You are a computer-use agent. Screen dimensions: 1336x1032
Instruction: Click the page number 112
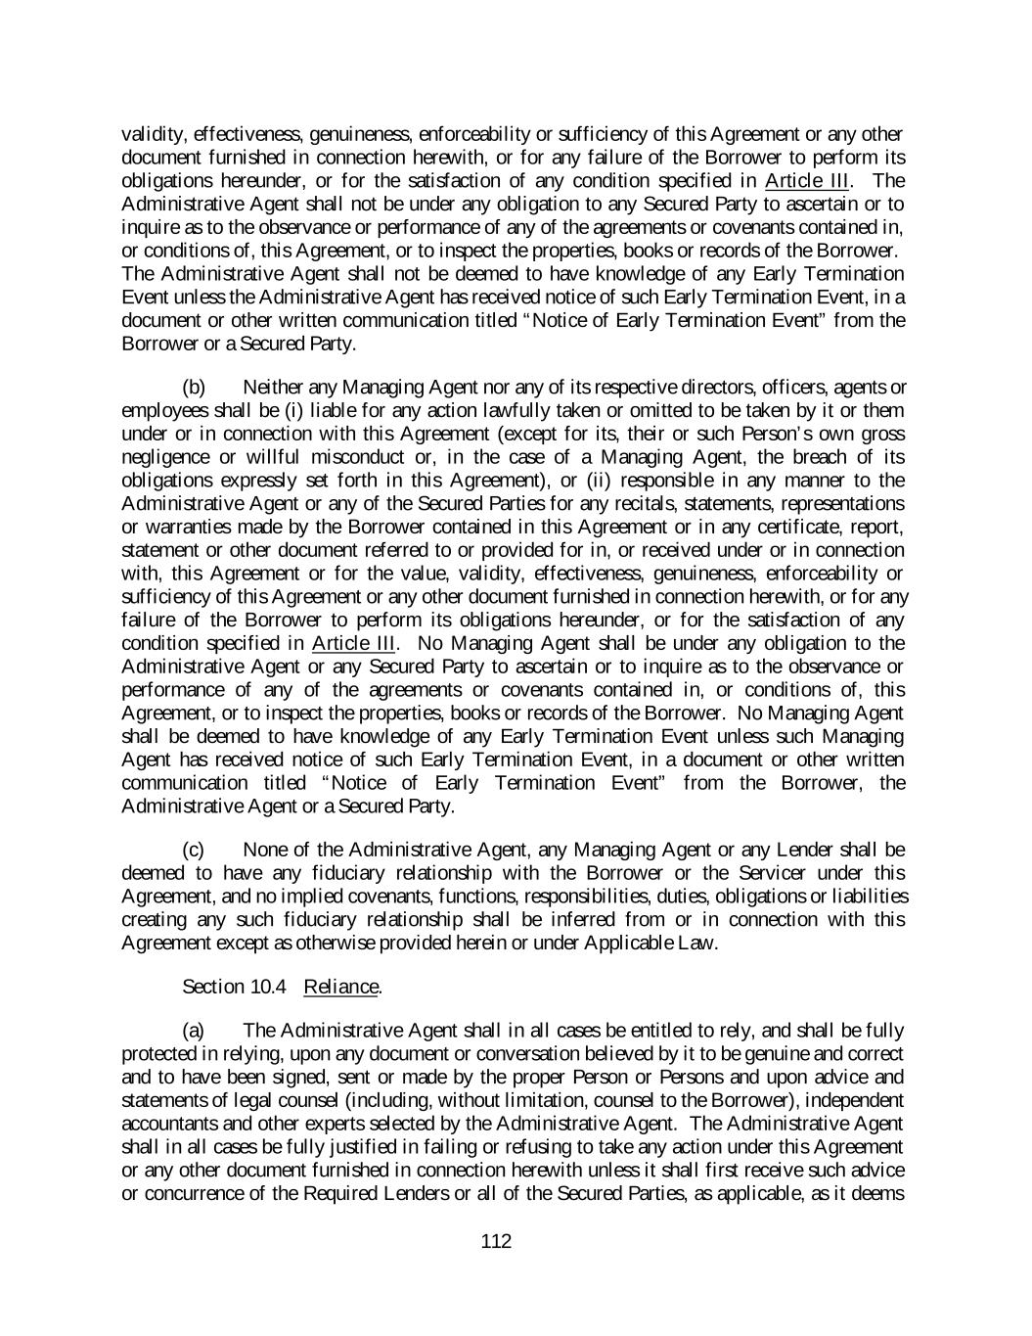496,1242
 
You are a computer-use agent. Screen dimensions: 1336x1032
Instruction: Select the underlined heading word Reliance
340,987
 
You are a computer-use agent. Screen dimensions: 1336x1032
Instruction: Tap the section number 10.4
267,987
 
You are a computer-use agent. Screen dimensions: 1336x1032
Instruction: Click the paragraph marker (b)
194,388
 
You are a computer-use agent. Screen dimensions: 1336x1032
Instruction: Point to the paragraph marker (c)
194,850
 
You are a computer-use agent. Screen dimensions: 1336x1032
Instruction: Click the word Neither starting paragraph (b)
272,388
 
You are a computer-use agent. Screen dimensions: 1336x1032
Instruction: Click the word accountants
165,1123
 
